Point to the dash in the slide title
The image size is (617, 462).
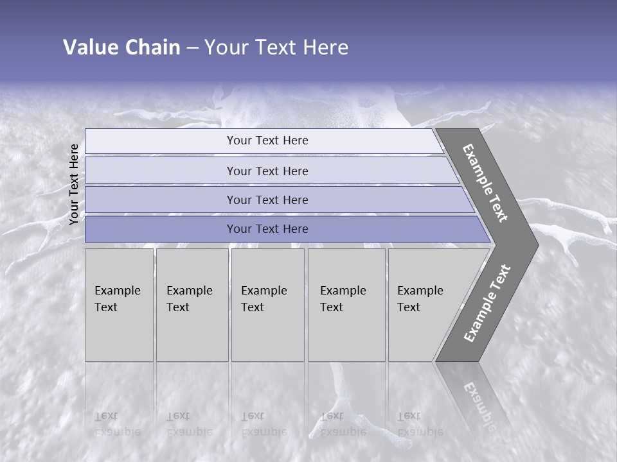(192, 48)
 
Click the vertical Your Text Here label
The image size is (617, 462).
(75, 184)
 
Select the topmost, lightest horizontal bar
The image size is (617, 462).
(267, 141)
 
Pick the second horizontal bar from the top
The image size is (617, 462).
(267, 171)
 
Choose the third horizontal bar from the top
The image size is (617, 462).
(267, 200)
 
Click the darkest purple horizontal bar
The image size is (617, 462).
(267, 229)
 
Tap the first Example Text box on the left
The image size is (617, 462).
(119, 305)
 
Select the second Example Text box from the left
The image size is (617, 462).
(192, 305)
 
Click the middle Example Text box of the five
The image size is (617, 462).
(267, 305)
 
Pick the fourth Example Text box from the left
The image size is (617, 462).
(346, 305)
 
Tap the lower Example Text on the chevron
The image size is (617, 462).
(487, 304)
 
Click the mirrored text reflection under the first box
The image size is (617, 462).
(118, 424)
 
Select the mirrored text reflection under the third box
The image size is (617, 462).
(264, 424)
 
